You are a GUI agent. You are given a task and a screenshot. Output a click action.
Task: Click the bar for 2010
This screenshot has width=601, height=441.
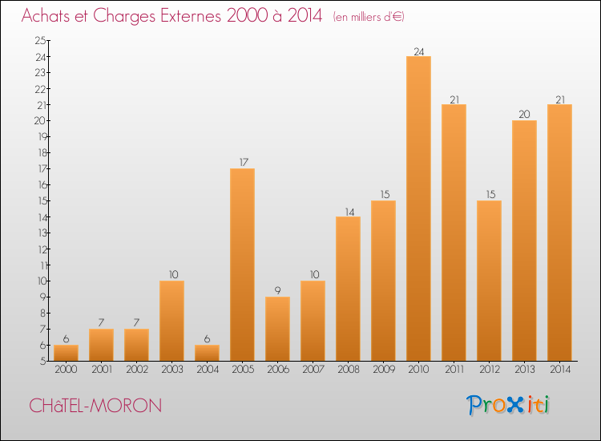(418, 208)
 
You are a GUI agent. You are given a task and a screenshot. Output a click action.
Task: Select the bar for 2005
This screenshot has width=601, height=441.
(242, 265)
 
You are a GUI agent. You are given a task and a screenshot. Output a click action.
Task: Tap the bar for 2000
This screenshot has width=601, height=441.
(66, 353)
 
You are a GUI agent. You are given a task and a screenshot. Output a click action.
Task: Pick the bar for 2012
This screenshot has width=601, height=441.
(489, 281)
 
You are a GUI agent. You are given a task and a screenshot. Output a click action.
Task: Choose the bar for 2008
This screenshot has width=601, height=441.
(348, 289)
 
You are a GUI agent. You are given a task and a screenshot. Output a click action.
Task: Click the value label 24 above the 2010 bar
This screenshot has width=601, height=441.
(418, 51)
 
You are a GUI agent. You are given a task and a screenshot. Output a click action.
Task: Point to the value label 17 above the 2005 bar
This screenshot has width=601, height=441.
(242, 163)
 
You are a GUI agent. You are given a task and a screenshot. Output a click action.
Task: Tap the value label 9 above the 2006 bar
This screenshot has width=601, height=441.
(277, 291)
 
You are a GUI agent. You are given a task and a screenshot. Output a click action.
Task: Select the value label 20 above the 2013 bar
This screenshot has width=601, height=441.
(524, 115)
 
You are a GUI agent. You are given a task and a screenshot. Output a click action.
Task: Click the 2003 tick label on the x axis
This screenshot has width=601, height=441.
(171, 370)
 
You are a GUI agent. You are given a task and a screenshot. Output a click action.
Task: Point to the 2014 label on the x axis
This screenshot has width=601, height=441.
(559, 370)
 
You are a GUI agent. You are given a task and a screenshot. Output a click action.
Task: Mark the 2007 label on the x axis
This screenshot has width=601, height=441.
(313, 370)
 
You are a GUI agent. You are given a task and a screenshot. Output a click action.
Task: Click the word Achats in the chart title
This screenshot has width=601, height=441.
(47, 16)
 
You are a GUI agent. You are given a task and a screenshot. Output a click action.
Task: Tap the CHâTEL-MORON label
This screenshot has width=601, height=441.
(95, 406)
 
